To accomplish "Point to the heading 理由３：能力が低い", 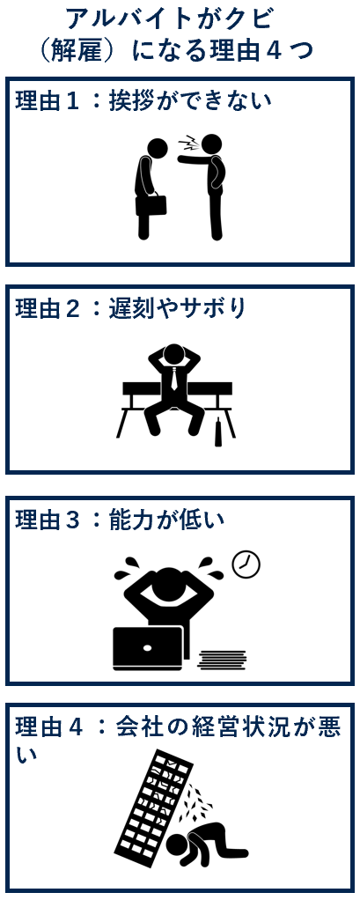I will tap(120, 520).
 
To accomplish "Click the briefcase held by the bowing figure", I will tap(151, 204).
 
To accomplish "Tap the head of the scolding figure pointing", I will tap(211, 144).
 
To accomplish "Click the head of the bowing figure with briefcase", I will tap(157, 148).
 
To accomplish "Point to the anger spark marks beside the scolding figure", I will tap(187, 143).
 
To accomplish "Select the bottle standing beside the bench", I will tap(217, 433).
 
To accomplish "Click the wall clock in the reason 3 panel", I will tap(246, 564).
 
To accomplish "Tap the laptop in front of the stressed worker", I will tap(147, 648).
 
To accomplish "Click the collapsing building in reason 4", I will tap(155, 807).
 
